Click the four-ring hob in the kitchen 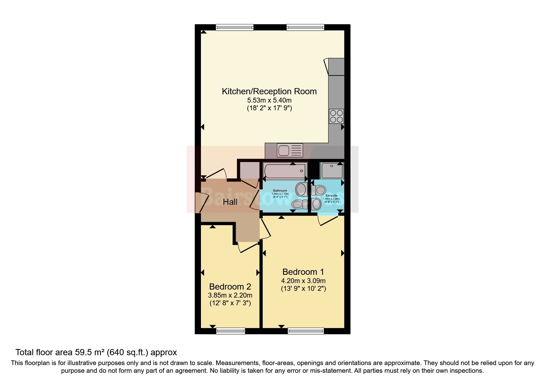[336, 116]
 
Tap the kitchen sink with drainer [290, 150]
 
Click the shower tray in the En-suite [332, 171]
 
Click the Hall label [230, 202]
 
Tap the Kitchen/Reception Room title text [269, 91]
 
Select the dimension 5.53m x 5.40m [269, 100]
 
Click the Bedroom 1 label [303, 272]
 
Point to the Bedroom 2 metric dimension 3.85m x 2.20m [230, 295]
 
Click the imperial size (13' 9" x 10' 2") [303, 289]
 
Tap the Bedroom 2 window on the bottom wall [230, 331]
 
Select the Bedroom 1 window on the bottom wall [306, 331]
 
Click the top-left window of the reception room [234, 27]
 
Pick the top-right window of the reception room [305, 27]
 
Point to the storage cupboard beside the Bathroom [249, 170]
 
